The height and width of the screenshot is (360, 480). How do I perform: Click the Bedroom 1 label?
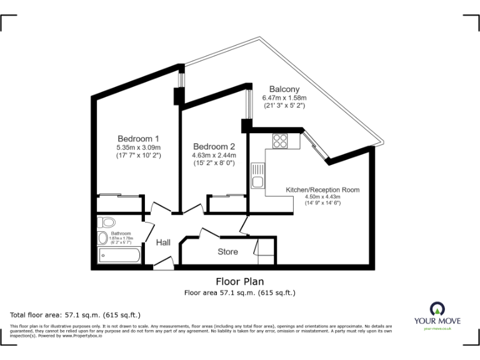coord(138,139)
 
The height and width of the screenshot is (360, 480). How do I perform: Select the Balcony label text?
coord(284,89)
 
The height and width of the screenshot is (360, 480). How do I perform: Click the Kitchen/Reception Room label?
coord(322,189)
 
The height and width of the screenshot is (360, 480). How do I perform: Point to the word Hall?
coord(163,242)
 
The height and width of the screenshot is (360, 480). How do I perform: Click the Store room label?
coord(227,252)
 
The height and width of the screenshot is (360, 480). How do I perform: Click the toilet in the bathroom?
coord(106,222)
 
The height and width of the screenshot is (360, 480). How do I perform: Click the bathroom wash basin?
coord(102,238)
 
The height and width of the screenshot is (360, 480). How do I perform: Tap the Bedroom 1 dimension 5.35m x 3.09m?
coord(138,147)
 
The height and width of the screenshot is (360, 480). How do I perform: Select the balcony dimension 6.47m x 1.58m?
coord(284,98)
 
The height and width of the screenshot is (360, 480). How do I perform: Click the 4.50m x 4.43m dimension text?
coord(322,197)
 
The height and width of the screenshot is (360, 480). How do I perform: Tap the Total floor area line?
coord(76,314)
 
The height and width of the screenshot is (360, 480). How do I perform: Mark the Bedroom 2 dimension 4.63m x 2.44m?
coord(214,155)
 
